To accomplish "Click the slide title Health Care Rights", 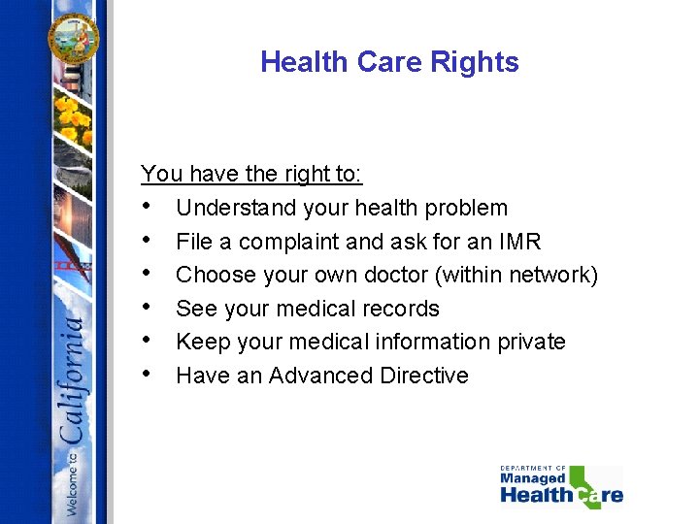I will click(389, 62).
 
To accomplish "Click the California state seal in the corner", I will click(74, 40).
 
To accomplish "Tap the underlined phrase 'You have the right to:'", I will click(251, 175).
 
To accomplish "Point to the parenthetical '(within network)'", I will click(516, 276).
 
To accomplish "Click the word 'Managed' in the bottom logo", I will click(532, 478).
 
